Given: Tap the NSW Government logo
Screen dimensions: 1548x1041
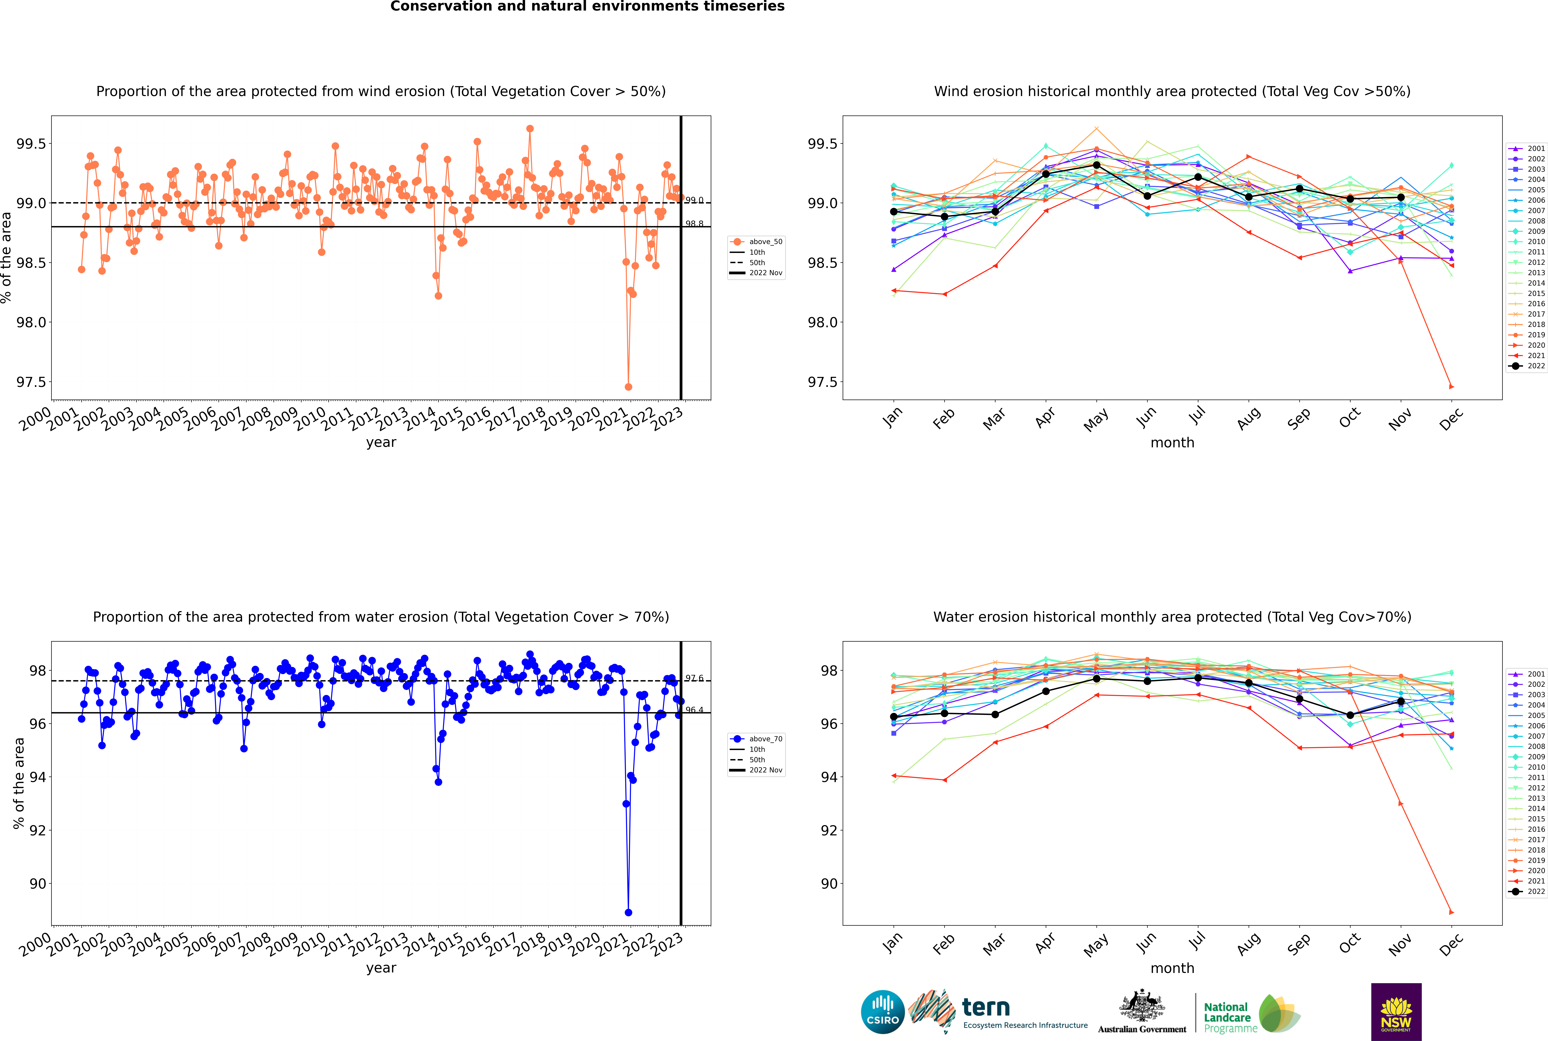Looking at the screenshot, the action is [1396, 1012].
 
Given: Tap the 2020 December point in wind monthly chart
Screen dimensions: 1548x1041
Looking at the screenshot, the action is [1451, 386].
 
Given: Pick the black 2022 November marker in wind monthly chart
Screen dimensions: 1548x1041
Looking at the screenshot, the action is [1401, 197].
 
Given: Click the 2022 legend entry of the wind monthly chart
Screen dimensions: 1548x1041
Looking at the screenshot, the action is [1526, 366].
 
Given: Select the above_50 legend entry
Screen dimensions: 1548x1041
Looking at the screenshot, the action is [756, 242].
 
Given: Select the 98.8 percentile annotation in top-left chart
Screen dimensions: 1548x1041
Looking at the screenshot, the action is [694, 224].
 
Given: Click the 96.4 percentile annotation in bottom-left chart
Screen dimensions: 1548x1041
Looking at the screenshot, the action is [694, 710].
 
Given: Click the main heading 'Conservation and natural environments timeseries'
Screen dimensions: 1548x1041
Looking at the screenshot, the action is [587, 7].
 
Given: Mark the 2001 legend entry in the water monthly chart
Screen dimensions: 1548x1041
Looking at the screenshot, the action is [1526, 674].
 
